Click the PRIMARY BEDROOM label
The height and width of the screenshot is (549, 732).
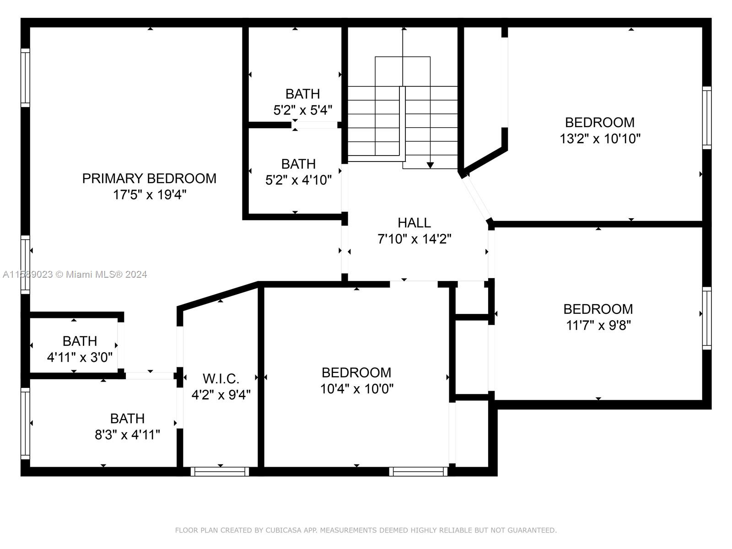149,178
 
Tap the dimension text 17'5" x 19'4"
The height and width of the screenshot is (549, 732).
150,194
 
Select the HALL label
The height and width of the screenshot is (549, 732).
414,223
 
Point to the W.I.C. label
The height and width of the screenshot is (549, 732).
221,379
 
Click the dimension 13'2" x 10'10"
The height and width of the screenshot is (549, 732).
600,138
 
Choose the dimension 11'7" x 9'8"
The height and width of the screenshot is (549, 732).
598,325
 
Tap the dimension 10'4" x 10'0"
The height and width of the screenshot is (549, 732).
356,389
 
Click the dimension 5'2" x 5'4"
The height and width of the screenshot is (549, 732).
303,110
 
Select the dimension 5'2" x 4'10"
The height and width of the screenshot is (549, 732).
298,180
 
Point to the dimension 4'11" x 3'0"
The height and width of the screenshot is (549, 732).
80,357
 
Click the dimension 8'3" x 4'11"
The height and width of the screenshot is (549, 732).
127,435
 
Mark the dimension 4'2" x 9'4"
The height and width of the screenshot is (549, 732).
221,395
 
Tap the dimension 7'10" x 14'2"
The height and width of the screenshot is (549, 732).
414,239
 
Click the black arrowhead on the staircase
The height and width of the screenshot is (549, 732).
430,165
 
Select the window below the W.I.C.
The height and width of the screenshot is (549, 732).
220,471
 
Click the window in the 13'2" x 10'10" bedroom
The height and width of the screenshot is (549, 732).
707,118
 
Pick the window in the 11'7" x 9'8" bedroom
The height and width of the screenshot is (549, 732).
707,318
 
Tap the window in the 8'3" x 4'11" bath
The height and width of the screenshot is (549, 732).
25,423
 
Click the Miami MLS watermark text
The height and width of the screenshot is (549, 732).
75,274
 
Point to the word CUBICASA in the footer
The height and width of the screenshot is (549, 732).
284,530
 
